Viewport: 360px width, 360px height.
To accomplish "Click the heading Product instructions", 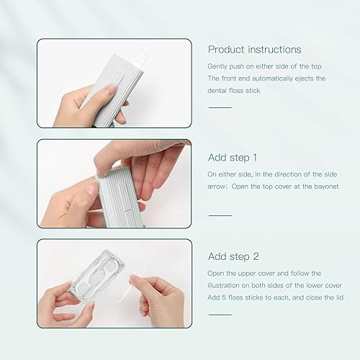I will click(254, 50).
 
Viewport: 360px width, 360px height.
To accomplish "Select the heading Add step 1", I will click(233, 157).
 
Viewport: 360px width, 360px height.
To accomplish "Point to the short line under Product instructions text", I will click(220, 107).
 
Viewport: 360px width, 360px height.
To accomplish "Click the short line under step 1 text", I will click(220, 215).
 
